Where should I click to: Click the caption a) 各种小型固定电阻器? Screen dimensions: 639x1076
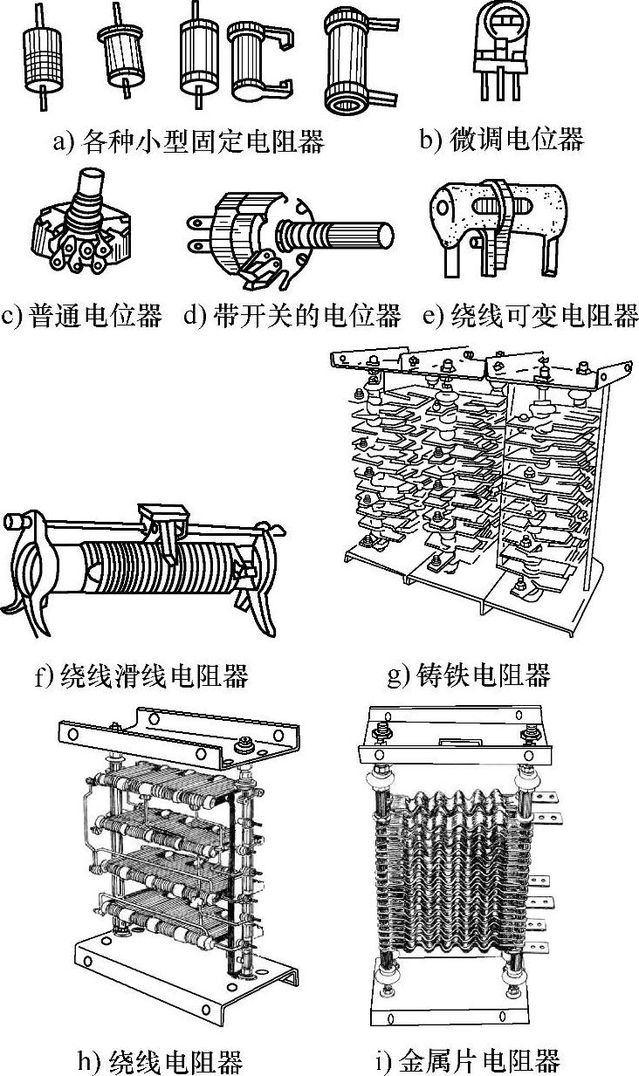coord(189,140)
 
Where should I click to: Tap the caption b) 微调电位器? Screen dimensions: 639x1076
coord(502,139)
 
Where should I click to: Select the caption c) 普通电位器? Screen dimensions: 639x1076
coord(82,316)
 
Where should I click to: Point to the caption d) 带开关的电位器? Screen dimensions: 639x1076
coord(292,316)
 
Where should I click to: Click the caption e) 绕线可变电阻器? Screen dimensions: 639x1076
coord(531,316)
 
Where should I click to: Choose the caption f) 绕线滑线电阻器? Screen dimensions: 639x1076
coord(141,675)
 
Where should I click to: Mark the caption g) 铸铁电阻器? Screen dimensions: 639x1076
coord(469,675)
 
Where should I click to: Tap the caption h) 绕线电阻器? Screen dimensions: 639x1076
coord(160,1060)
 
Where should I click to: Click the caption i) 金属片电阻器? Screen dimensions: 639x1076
coord(468,1060)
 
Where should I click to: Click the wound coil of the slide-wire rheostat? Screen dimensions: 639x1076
coord(159,568)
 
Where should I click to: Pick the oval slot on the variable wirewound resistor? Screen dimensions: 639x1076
coord(502,206)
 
